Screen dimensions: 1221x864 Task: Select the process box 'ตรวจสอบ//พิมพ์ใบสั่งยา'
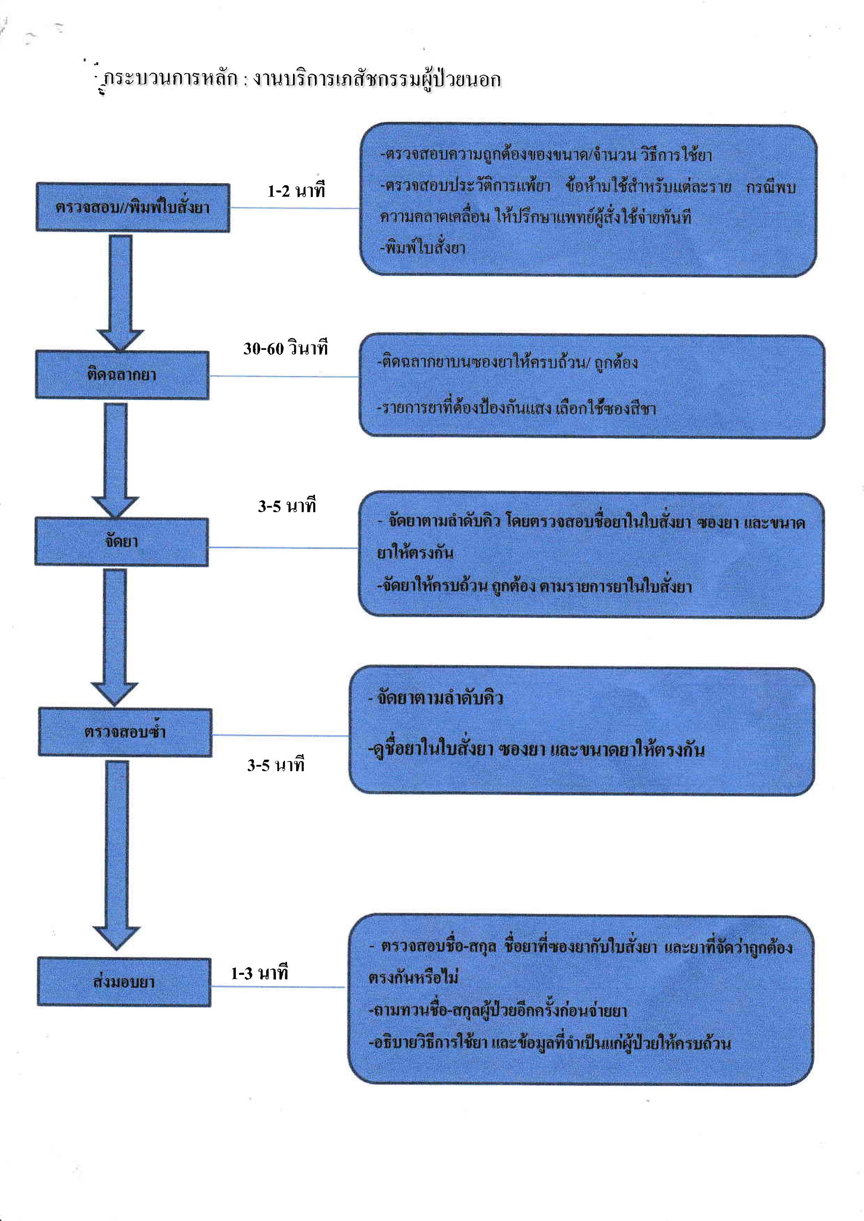[132, 208]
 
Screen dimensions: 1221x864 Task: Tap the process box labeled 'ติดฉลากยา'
[122, 375]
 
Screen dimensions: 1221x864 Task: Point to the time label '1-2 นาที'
[296, 190]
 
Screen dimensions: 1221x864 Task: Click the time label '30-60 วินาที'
[286, 348]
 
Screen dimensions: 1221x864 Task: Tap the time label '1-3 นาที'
[259, 973]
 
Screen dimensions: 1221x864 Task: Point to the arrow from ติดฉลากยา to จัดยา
[115, 457]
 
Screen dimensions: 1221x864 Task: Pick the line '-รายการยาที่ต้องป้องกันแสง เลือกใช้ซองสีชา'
[516, 408]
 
